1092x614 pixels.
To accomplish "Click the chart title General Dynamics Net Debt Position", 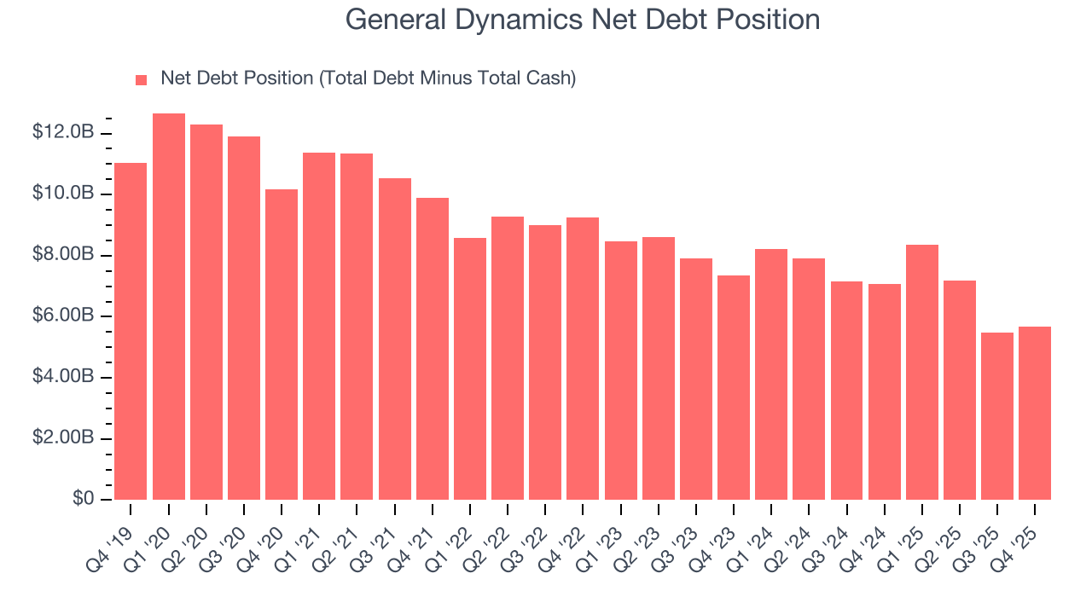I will [583, 20].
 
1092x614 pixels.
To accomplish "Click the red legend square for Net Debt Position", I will [142, 79].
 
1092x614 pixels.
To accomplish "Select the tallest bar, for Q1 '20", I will [168, 307].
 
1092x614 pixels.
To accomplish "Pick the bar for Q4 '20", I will [282, 345].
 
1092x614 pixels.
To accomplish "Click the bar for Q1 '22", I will [470, 368].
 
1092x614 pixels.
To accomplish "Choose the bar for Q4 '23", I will [734, 387].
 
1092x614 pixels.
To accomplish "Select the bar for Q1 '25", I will [922, 372].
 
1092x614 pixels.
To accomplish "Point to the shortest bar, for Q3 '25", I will [997, 416].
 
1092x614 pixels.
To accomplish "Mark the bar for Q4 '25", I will [1035, 413].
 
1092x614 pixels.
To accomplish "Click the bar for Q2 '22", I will [508, 358].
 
